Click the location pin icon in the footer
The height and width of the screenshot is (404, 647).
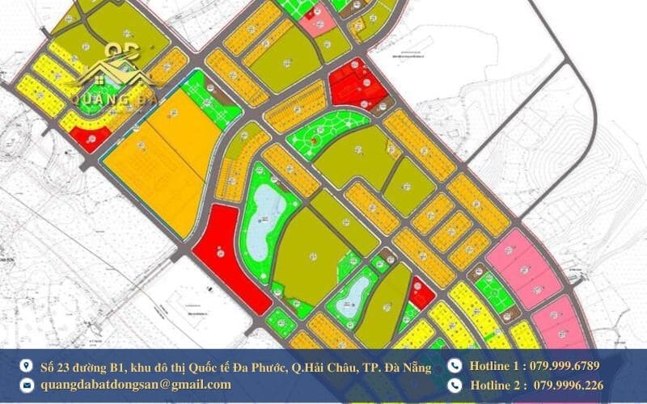pos(25,366)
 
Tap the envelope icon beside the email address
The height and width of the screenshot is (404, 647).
pos(25,385)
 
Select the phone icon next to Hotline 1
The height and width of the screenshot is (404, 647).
pos(454,366)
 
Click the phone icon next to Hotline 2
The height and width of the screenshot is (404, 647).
pos(454,385)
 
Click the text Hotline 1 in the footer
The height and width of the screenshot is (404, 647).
pos(497,366)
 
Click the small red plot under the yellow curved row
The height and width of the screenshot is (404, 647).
pos(90,140)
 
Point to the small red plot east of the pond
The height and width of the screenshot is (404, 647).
pos(421,292)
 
